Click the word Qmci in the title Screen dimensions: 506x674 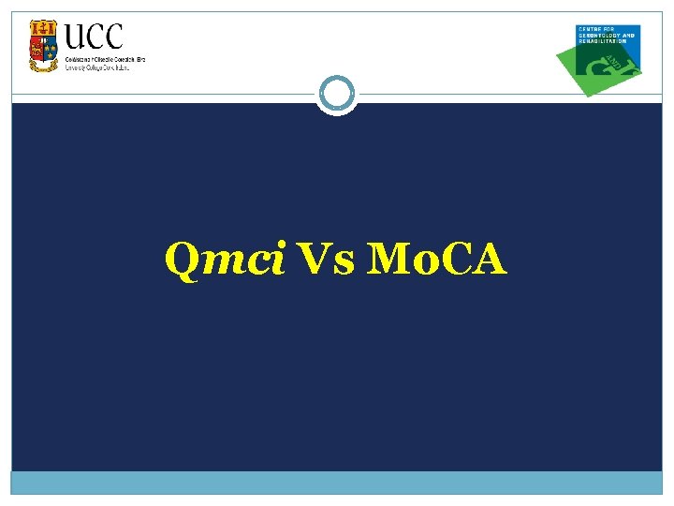pos(225,260)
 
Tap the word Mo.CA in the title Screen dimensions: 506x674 pos(437,260)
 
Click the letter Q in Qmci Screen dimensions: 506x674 pos(181,260)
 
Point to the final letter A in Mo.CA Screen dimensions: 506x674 pos(489,260)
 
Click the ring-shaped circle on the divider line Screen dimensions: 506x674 pos(336,94)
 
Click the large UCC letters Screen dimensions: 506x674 pos(94,37)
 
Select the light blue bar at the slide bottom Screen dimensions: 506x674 pos(336,482)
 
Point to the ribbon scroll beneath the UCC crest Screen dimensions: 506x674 pos(43,67)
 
